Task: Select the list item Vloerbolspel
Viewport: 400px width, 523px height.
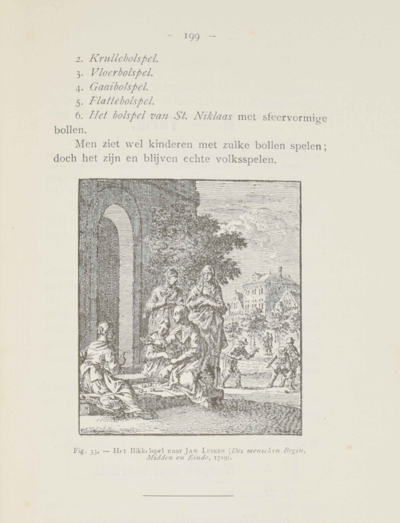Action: coord(122,73)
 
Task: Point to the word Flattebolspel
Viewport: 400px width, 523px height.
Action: coord(122,102)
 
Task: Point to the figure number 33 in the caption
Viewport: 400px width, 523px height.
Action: coord(94,452)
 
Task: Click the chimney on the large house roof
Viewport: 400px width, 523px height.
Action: coord(280,271)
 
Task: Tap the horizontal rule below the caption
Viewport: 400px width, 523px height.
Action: coord(188,496)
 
